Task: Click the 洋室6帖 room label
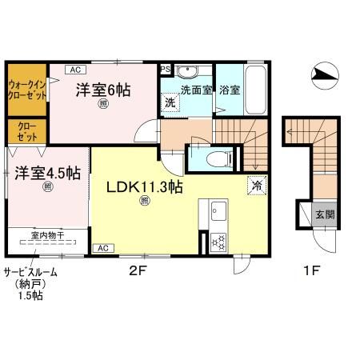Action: pyautogui.click(x=103, y=90)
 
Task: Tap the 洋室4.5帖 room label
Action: pyautogui.click(x=46, y=172)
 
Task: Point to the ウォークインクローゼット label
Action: pyautogui.click(x=26, y=88)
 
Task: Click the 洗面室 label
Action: pyautogui.click(x=196, y=90)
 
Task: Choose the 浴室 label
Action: pyautogui.click(x=229, y=90)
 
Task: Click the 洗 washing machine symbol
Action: pyautogui.click(x=170, y=102)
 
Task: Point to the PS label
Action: pyautogui.click(x=166, y=69)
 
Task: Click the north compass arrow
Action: pyautogui.click(x=328, y=74)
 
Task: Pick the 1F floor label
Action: pyautogui.click(x=311, y=270)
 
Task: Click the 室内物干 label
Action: pyautogui.click(x=46, y=235)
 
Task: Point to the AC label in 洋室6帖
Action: pyautogui.click(x=71, y=70)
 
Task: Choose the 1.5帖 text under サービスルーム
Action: pyautogui.click(x=31, y=296)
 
